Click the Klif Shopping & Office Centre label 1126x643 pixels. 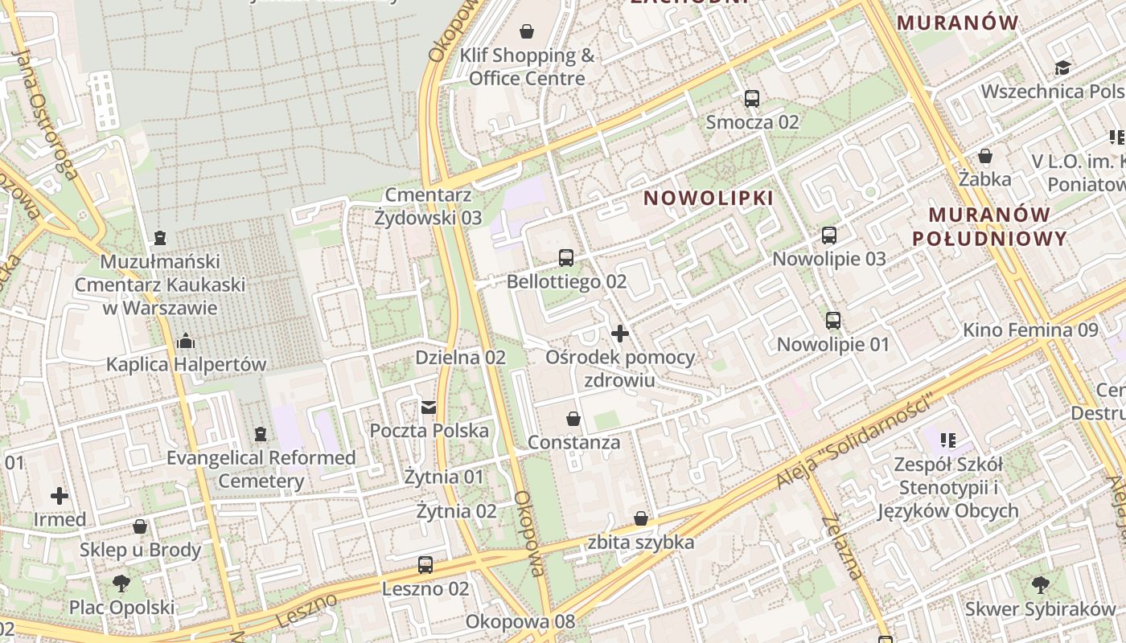[527, 67]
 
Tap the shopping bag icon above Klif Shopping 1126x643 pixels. [527, 31]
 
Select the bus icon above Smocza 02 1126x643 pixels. [752, 99]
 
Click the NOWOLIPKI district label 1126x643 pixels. [709, 198]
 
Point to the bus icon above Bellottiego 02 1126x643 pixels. [566, 258]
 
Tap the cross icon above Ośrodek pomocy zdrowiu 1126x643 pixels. [620, 333]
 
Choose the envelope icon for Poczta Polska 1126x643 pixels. [429, 407]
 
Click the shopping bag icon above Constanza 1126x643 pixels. [573, 419]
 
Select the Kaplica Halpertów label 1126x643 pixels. [186, 364]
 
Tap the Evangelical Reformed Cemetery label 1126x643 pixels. [261, 469]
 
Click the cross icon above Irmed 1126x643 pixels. [60, 496]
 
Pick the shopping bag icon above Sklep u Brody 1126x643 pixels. [140, 527]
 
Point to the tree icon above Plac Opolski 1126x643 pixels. [121, 584]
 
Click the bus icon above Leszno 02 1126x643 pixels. [425, 565]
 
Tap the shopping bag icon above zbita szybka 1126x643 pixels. [641, 519]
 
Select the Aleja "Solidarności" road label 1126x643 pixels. [856, 441]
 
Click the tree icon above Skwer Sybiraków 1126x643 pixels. [1041, 584]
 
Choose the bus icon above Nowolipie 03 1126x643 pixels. [829, 235]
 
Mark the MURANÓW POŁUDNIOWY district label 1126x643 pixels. [998, 226]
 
